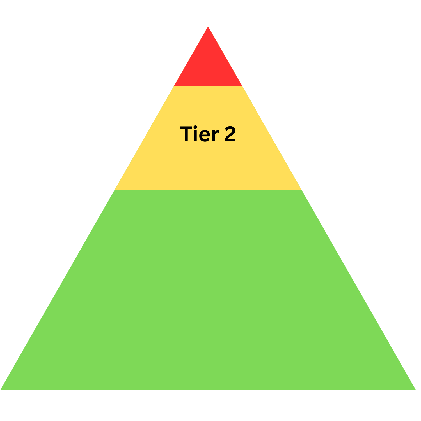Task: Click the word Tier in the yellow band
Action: click(x=200, y=134)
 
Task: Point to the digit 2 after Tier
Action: click(x=230, y=134)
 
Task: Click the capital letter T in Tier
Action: click(x=187, y=134)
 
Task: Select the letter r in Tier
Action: click(x=216, y=135)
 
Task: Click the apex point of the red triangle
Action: click(x=208, y=27)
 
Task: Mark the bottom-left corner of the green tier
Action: click(x=1, y=390)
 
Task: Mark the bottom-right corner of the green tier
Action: click(x=416, y=390)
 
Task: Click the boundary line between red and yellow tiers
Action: click(x=208, y=86)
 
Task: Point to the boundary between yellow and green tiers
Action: click(x=208, y=190)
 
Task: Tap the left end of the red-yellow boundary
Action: click(x=174, y=86)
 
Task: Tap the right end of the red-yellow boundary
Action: click(x=242, y=86)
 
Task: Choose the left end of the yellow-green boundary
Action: click(x=115, y=190)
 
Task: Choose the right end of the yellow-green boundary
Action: click(x=301, y=190)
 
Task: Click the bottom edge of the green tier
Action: click(x=208, y=390)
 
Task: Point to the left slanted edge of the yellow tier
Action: click(x=145, y=138)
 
